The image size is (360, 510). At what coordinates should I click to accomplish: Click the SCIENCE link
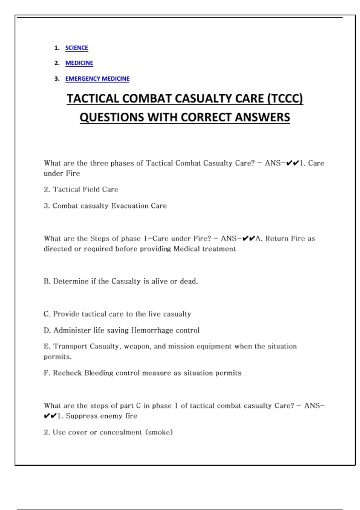[x=76, y=48]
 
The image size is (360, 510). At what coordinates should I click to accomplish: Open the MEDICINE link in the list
[x=79, y=63]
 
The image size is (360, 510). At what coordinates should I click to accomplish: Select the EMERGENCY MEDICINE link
[x=97, y=79]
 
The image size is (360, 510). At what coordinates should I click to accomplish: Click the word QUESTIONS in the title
[x=112, y=117]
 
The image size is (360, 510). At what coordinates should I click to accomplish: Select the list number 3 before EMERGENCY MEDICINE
[x=57, y=79]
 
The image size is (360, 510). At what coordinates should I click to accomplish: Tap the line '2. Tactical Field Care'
[x=81, y=190]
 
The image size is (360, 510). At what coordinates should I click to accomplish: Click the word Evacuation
[x=130, y=206]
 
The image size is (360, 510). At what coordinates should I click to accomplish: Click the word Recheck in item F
[x=67, y=373]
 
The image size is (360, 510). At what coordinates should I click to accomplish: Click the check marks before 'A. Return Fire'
[x=249, y=238]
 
